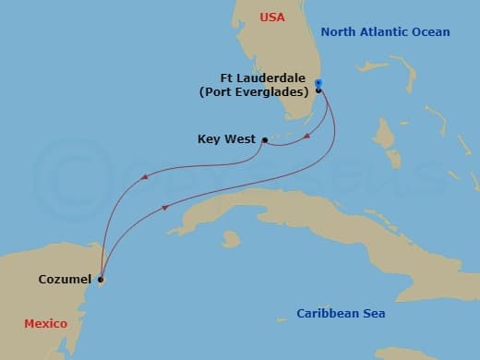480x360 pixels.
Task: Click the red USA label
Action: click(272, 18)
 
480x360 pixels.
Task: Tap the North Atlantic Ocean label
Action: click(385, 32)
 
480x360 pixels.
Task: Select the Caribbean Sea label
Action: click(340, 314)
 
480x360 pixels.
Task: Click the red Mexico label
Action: click(44, 324)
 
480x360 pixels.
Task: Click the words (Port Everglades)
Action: click(253, 92)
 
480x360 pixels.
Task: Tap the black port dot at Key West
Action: click(265, 140)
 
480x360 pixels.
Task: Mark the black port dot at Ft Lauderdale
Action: click(318, 90)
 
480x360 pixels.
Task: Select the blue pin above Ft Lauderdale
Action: click(318, 83)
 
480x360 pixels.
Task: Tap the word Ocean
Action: click(430, 32)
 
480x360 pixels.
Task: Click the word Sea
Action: click(372, 314)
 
